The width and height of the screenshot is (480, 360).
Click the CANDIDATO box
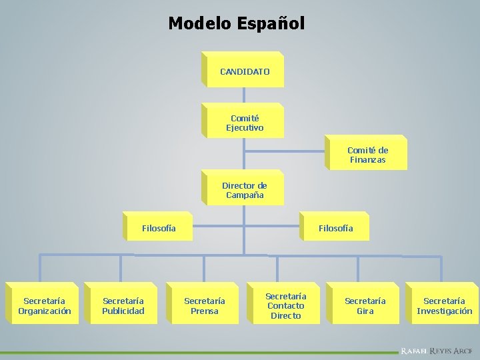[x=244, y=71]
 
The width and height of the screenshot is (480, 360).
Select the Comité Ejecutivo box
[x=244, y=123]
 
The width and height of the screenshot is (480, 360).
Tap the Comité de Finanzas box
[x=367, y=155]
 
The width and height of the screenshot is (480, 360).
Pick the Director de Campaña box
[x=244, y=190]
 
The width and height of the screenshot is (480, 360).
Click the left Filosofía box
[x=159, y=228]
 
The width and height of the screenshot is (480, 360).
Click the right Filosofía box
[x=335, y=228]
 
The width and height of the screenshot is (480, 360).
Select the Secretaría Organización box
[x=44, y=306]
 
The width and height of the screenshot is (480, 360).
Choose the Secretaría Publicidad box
[x=123, y=306]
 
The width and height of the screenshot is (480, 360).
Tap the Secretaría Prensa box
[x=204, y=306]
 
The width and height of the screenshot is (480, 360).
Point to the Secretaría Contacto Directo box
[x=285, y=306]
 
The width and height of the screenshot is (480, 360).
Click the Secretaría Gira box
[x=365, y=306]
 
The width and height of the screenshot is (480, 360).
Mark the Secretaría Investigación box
[x=444, y=306]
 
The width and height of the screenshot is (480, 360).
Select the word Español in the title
[x=269, y=23]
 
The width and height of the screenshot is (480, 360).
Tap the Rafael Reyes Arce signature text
[x=436, y=350]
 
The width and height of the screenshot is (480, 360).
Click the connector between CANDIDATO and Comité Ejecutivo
[x=244, y=95]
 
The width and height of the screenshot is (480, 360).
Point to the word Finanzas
[x=367, y=160]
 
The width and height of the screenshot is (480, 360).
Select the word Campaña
[x=245, y=195]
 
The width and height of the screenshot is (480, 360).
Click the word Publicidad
[x=123, y=311]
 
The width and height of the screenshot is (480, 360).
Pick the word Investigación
[x=444, y=311]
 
